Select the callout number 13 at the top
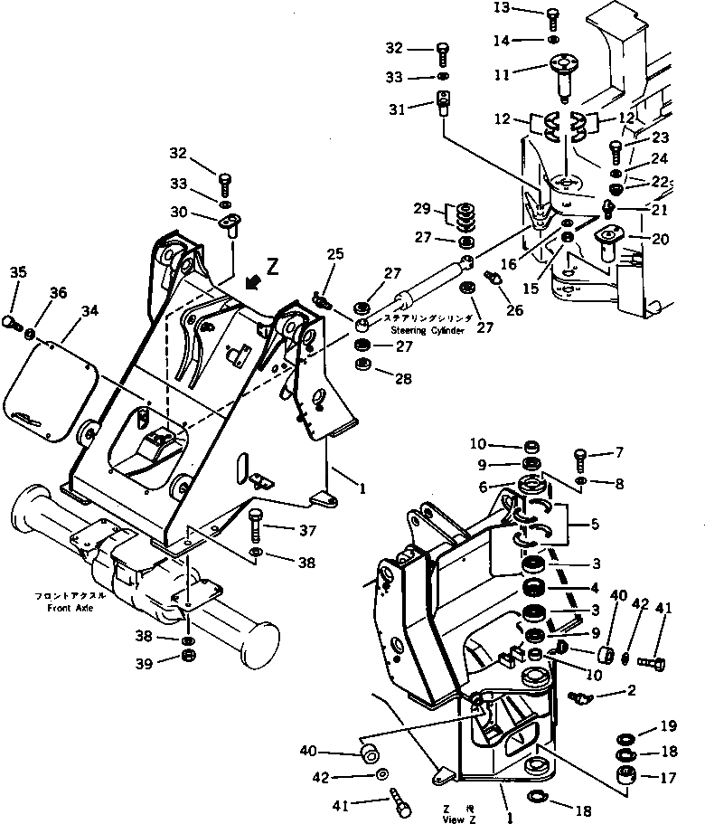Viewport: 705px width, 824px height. [x=527, y=9]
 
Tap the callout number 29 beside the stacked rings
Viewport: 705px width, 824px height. [x=423, y=210]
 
